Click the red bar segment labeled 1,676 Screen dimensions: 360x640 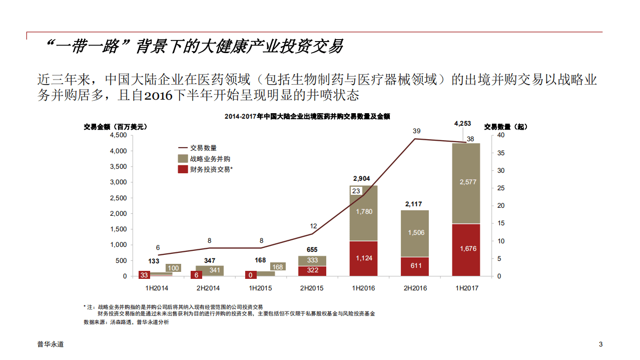pos(466,249)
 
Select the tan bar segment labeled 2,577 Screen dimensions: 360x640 pos(466,183)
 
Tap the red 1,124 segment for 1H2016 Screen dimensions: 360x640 pos(363,258)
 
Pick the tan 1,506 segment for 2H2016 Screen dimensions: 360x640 pos(415,233)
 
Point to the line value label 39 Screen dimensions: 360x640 pos(416,131)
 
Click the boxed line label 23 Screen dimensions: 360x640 pos(356,191)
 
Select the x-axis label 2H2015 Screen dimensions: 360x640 pos(312,288)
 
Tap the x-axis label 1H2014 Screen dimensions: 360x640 pos(157,288)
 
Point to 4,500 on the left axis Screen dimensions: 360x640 pos(118,135)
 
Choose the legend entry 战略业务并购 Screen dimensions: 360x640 pos(210,159)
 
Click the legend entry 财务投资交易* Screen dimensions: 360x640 pos(212,170)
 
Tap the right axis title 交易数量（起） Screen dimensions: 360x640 pos(506,127)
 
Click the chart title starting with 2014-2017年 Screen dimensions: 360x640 pos(307,116)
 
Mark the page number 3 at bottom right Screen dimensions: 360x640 pos(600,344)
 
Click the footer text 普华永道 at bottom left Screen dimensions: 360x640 pos(51,344)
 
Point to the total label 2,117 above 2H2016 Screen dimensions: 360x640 pos(414,204)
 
